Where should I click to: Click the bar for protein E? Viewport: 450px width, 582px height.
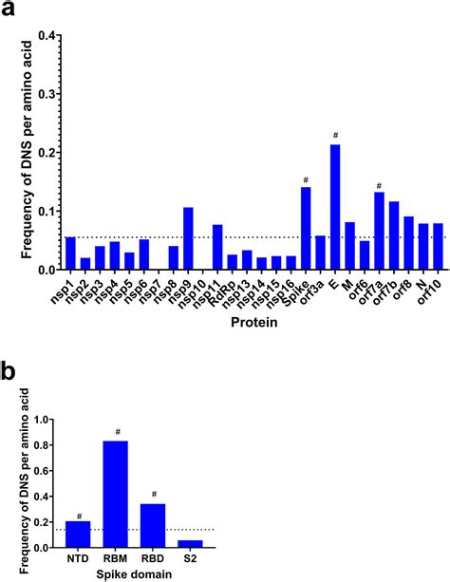[335, 207]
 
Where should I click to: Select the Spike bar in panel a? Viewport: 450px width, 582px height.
[306, 228]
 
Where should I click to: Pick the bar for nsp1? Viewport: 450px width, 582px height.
[70, 253]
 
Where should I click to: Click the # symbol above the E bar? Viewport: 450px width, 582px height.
[335, 136]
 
